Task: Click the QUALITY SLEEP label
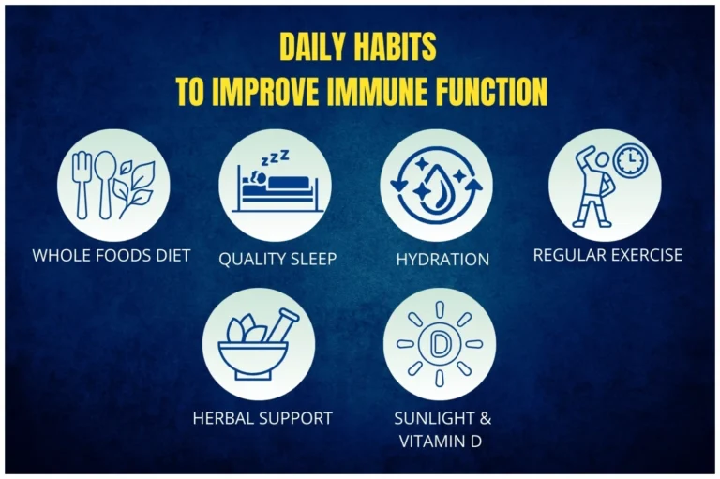(x=277, y=259)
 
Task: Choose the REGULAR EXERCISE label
(x=607, y=254)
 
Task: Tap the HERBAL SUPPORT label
(x=262, y=418)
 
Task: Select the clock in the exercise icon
(x=630, y=161)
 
